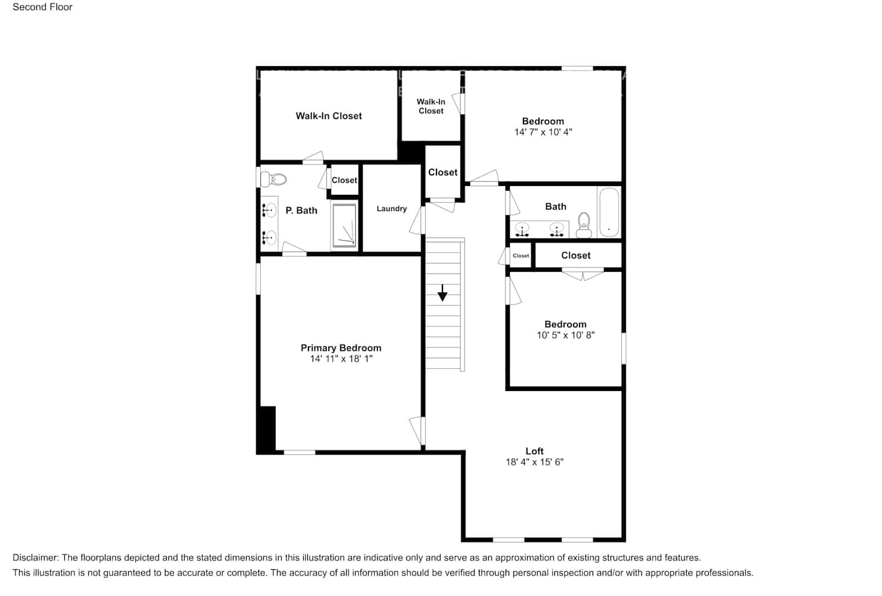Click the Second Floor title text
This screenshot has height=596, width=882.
[x=42, y=7]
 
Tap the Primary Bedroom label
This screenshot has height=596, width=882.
[x=341, y=348]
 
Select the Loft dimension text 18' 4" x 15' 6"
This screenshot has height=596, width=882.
[x=534, y=462]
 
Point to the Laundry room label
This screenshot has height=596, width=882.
[x=391, y=209]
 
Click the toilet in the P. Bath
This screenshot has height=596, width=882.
[x=275, y=178]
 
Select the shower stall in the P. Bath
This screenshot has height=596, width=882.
[x=344, y=225]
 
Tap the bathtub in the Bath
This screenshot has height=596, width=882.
[x=609, y=212]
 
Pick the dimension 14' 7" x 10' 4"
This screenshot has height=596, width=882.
[x=543, y=132]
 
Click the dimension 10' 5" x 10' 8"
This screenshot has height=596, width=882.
[x=565, y=336]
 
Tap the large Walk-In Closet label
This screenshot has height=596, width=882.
[x=329, y=116]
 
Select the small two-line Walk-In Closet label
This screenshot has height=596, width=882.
[x=431, y=107]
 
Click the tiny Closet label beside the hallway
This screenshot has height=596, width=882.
[x=521, y=256]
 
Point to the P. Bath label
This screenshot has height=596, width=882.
[x=301, y=210]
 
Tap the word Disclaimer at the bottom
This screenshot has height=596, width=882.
[x=35, y=558]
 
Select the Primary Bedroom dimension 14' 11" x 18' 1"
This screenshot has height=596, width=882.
[x=341, y=359]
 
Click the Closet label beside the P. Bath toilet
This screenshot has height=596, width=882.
[x=344, y=180]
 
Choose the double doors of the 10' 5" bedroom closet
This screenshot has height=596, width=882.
[x=582, y=275]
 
